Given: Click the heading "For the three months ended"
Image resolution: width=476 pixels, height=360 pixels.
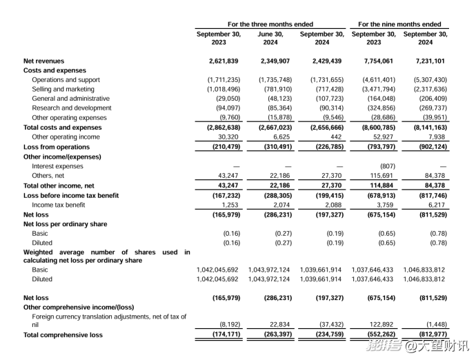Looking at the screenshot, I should click(270, 24).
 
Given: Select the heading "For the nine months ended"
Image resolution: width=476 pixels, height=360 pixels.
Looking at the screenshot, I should click(399, 24).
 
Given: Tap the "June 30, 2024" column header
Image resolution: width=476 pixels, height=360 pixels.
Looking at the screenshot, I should click(270, 38).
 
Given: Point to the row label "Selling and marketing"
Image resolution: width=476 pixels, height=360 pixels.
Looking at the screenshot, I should click(63, 89).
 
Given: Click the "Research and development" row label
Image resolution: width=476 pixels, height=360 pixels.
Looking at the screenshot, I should click(71, 108).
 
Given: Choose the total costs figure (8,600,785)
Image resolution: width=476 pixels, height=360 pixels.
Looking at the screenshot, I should click(373, 128).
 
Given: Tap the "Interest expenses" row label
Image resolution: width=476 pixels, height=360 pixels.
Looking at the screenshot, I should click(59, 166).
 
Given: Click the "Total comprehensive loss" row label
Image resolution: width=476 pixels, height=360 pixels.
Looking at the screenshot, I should click(63, 335).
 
